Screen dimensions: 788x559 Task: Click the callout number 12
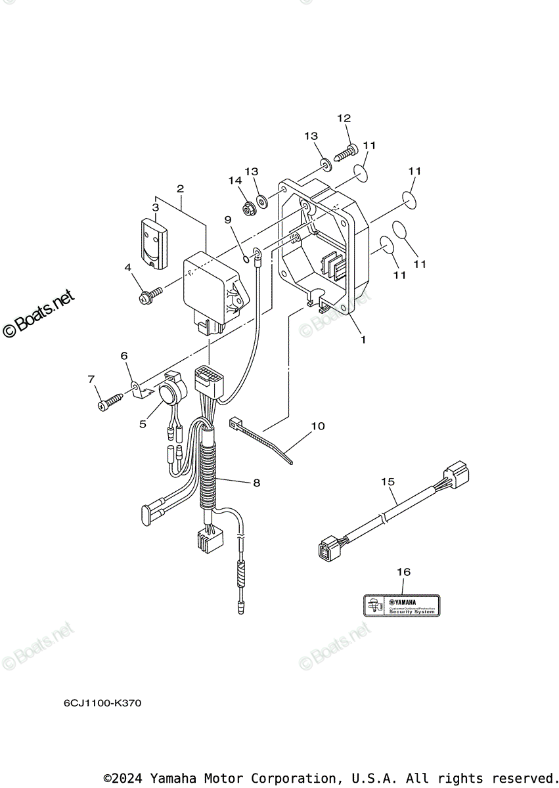[x=344, y=118]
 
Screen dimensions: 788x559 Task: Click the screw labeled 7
[x=110, y=403]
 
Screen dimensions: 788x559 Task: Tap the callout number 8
[x=256, y=483]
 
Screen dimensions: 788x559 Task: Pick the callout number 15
[x=388, y=481]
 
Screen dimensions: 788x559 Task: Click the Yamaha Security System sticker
[x=402, y=605]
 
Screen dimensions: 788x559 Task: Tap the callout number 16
[x=403, y=572]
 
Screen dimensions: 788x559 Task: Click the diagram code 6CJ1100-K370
[x=102, y=703]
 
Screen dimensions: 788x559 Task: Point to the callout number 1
[x=363, y=340]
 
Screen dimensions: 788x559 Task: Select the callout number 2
[x=180, y=188]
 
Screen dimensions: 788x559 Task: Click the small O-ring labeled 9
[x=246, y=259]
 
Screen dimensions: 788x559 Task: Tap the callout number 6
[x=124, y=355]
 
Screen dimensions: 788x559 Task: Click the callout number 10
[x=318, y=426]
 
